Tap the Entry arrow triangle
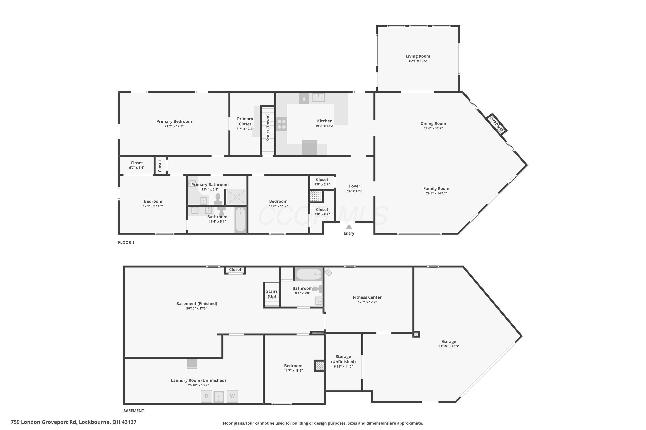click(x=349, y=227)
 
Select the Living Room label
click(x=418, y=56)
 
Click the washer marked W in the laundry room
click(x=232, y=396)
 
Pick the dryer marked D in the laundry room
click(x=206, y=396)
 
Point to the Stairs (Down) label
click(x=268, y=128)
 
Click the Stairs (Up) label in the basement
click(x=272, y=294)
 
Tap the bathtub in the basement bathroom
click(x=309, y=274)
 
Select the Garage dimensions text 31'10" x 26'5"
click(x=449, y=346)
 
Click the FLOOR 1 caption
click(x=126, y=243)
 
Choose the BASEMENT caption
click(x=134, y=411)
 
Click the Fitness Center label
click(x=367, y=297)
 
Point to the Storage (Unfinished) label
click(x=343, y=359)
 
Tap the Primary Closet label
click(x=245, y=121)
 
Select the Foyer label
click(x=355, y=186)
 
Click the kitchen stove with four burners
click(x=281, y=124)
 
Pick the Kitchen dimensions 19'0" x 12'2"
click(x=325, y=126)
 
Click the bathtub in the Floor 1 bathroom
click(x=240, y=220)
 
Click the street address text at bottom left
click(x=74, y=422)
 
